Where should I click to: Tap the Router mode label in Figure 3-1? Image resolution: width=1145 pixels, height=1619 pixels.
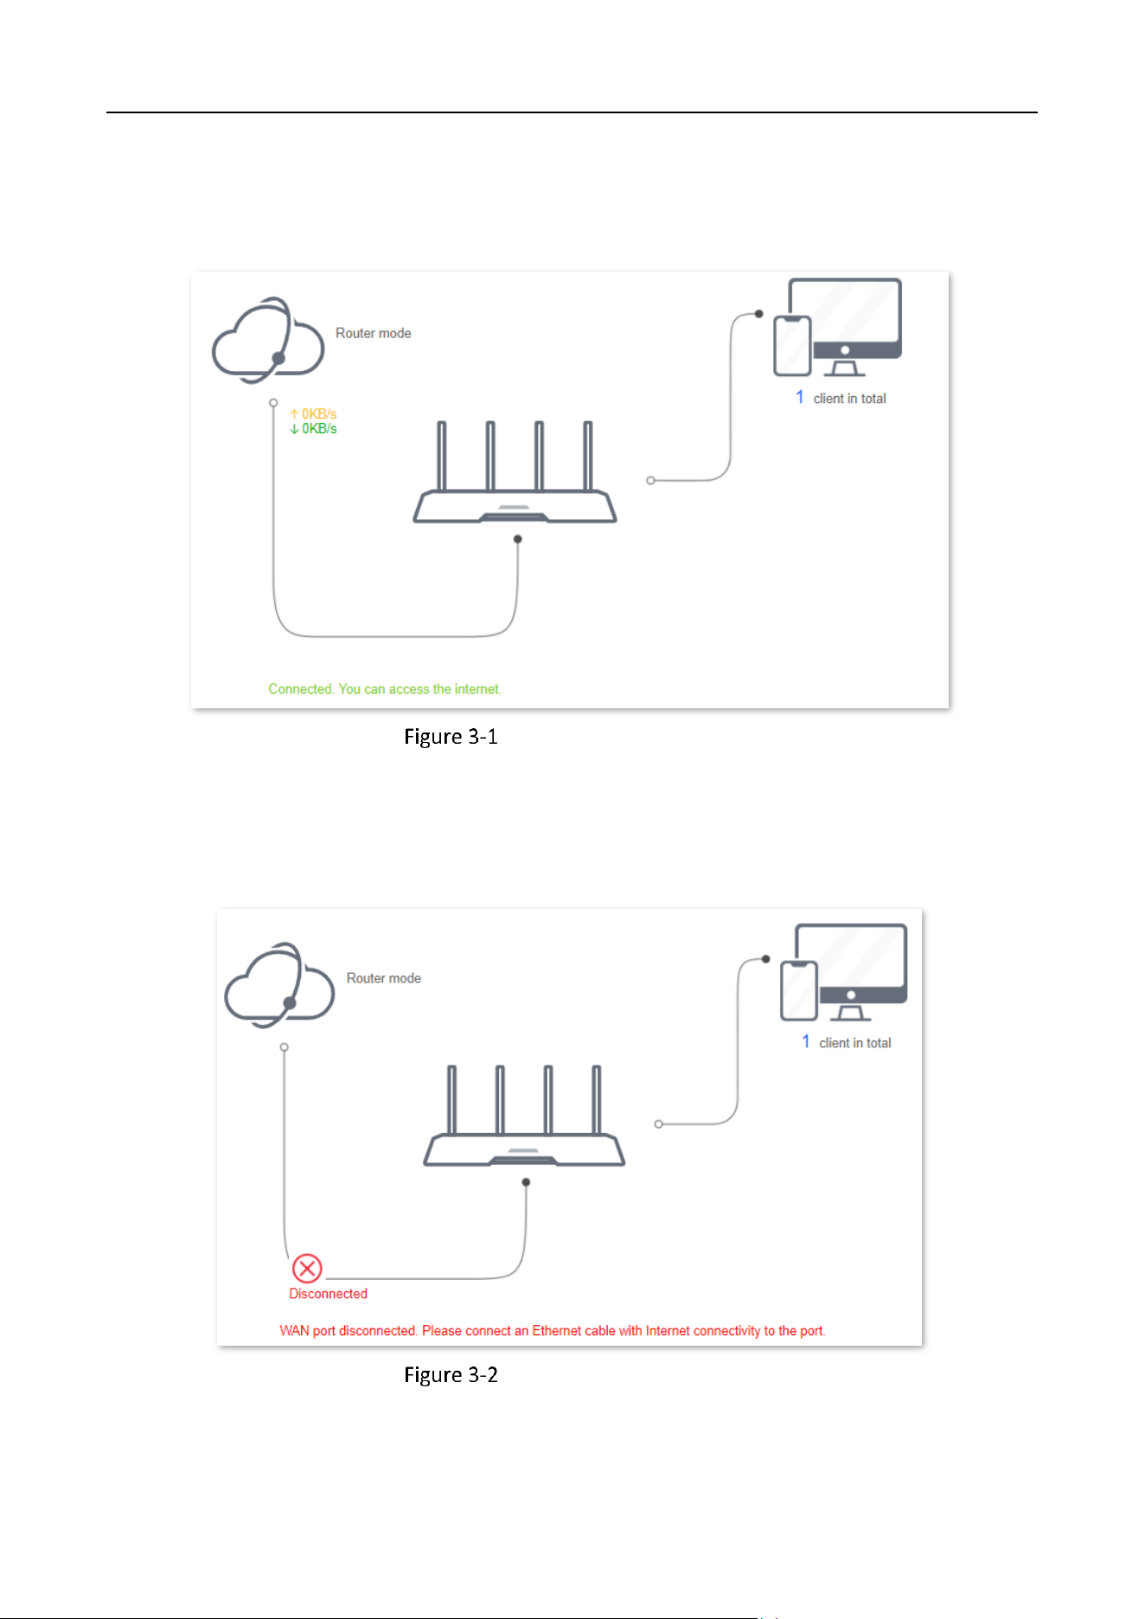374,333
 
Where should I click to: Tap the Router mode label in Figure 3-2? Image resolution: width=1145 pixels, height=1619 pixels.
384,978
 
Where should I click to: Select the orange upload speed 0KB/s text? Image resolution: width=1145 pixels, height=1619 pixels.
313,414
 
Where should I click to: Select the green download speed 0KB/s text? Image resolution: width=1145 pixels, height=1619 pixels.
313,429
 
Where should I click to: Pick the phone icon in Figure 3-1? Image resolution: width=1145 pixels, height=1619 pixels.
792,346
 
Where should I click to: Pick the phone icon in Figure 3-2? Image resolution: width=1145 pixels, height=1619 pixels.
799,991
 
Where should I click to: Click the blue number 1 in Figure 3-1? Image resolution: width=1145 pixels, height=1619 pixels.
800,397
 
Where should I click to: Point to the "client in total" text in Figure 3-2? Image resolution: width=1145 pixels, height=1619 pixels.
855,1043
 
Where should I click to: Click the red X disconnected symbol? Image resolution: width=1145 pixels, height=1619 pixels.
307,1269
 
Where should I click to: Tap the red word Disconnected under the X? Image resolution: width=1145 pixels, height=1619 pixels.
329,1294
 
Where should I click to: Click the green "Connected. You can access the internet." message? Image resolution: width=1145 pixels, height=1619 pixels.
385,689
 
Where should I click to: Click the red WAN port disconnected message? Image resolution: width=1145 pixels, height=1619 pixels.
553,1331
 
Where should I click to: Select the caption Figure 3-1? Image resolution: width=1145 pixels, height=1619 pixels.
451,737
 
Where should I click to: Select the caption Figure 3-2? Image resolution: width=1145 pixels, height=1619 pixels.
451,1375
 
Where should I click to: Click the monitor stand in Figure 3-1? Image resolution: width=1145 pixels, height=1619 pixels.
845,368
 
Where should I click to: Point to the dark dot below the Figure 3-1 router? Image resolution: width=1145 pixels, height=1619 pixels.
518,539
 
